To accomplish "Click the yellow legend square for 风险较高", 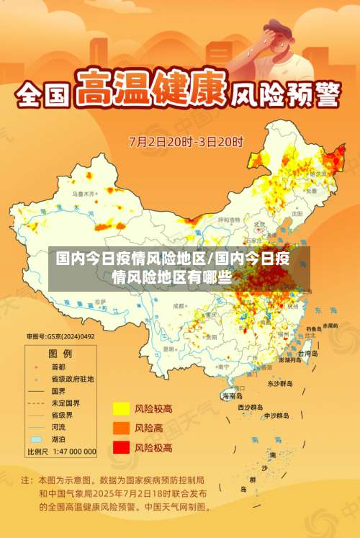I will coord(120,409).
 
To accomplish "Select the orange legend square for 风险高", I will coord(120,428).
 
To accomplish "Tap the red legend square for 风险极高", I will coord(120,447).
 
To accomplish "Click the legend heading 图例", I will coord(60,354).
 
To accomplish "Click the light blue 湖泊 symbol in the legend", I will coord(36,439).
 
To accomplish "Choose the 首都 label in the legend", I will coord(61,366).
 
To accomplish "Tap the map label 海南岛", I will coord(233,396).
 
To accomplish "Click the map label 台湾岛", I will coord(307,354).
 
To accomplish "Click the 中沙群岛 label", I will coord(276,416).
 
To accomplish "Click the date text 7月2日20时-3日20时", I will coord(186,140).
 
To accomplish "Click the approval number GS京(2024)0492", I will coord(60,336).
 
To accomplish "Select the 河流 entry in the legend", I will coord(60,426).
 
